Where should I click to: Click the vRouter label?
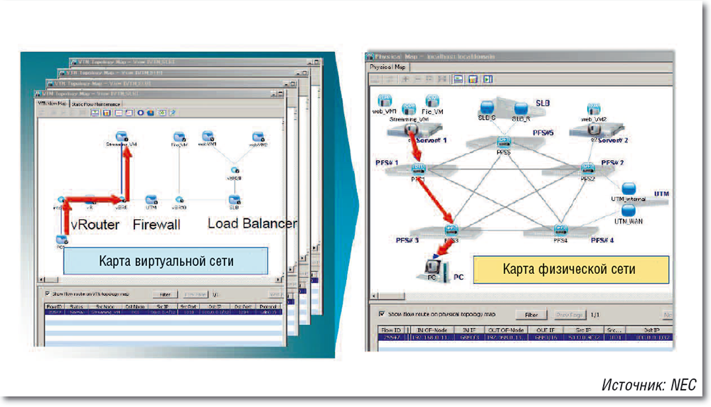[95, 225]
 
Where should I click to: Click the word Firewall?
[156, 224]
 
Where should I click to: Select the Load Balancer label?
[251, 223]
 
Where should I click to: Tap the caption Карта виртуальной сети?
[166, 261]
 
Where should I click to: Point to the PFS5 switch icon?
[503, 142]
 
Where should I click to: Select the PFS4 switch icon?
[561, 231]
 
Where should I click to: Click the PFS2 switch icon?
[588, 169]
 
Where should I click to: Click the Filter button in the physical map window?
[531, 314]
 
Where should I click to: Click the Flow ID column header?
[392, 330]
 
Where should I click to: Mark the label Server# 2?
[614, 141]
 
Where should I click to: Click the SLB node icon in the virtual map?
[234, 200]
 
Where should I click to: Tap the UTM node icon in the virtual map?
[151, 200]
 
